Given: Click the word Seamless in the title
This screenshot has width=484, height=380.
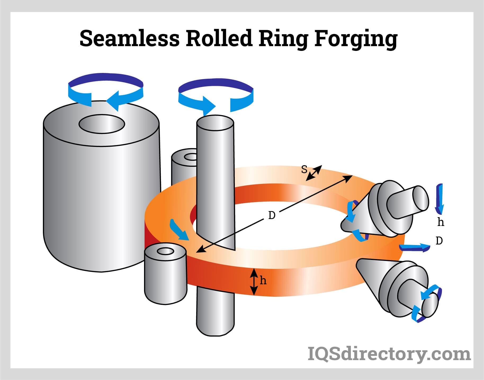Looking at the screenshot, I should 129,38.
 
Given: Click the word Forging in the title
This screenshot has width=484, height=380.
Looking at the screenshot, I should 356,39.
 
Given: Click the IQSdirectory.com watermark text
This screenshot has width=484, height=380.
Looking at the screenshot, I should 389,354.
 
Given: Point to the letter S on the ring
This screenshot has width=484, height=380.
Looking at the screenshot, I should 304,169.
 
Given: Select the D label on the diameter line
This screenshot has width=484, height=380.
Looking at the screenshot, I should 272,215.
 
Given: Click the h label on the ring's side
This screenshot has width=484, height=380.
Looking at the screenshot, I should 263,280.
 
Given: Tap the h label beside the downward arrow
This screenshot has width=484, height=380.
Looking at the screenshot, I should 441,222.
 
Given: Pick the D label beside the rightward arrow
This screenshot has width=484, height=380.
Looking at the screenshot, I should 439,241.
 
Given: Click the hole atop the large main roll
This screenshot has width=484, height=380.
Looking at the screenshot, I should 102,124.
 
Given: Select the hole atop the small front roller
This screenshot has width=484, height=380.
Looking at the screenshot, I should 165,251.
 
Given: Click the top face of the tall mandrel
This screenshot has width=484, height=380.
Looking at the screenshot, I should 215,123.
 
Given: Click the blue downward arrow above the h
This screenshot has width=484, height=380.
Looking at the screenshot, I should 439,198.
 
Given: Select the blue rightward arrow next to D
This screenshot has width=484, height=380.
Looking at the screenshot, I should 415,248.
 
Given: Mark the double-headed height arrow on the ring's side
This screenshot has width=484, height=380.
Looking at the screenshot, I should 254,282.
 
